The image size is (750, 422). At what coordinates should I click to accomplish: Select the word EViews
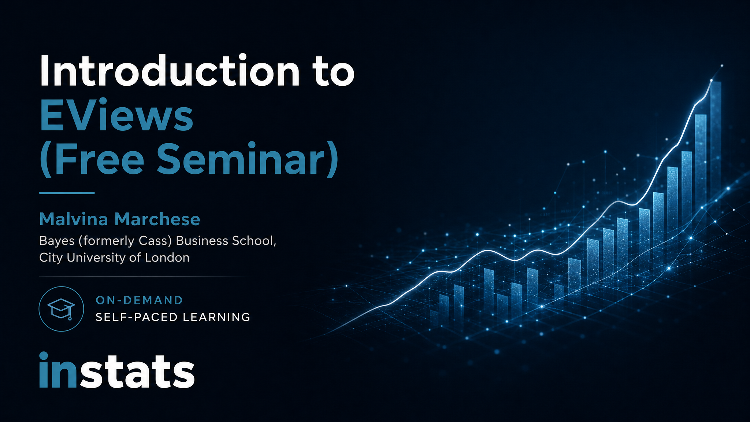point(116,115)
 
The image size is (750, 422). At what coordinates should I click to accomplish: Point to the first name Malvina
point(74,219)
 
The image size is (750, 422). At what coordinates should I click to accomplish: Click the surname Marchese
point(157,219)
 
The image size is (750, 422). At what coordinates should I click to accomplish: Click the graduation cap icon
point(61,308)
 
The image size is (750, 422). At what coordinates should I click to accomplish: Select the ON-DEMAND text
point(139,300)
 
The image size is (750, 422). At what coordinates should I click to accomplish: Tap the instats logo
point(117,370)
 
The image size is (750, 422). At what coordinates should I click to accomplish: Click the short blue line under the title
point(67,193)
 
